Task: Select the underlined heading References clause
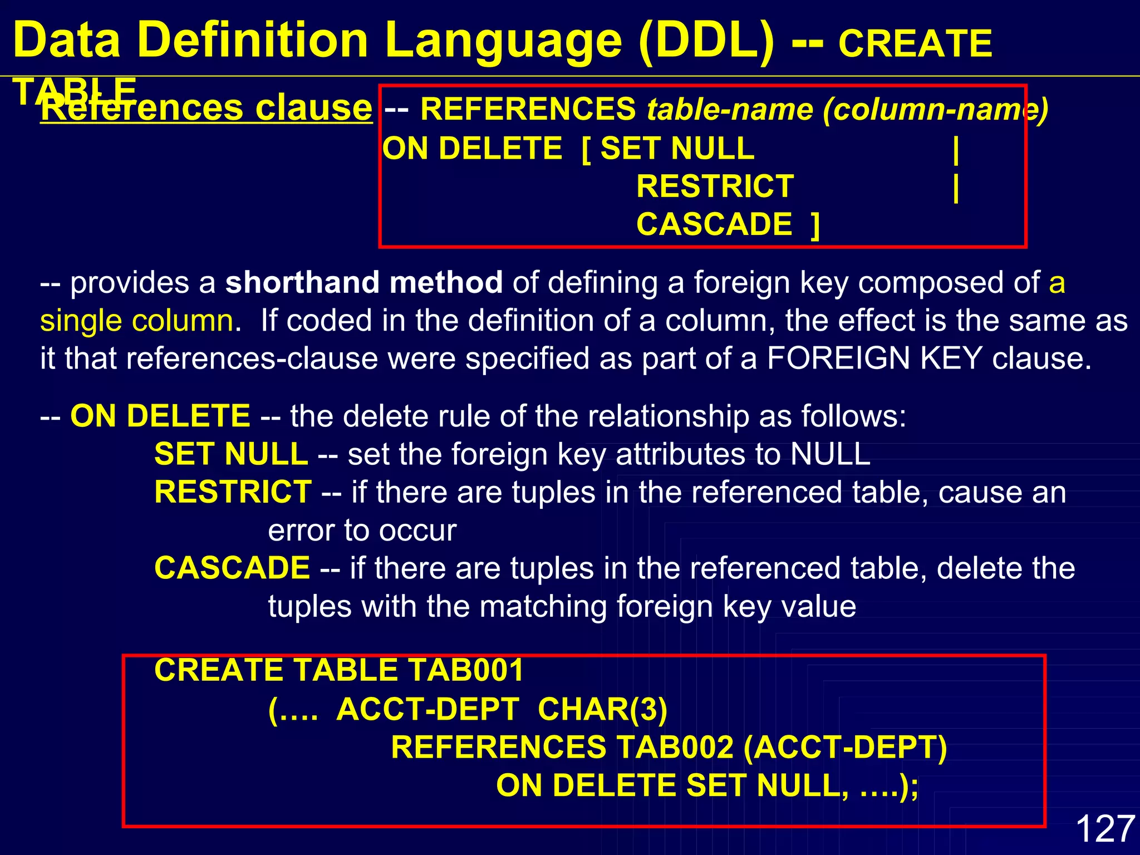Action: pos(207,107)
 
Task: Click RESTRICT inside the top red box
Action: pos(715,186)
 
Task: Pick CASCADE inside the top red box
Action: pos(714,224)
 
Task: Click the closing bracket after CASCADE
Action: pos(815,225)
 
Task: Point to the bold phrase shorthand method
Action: pos(364,282)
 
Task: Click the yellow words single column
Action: pos(137,321)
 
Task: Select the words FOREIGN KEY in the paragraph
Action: pos(874,358)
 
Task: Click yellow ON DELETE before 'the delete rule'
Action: pos(160,416)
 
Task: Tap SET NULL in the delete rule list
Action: pos(231,454)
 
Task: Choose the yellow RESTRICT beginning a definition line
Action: pos(233,492)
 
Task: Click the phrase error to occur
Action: pos(362,530)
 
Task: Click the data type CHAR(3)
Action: pos(602,710)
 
